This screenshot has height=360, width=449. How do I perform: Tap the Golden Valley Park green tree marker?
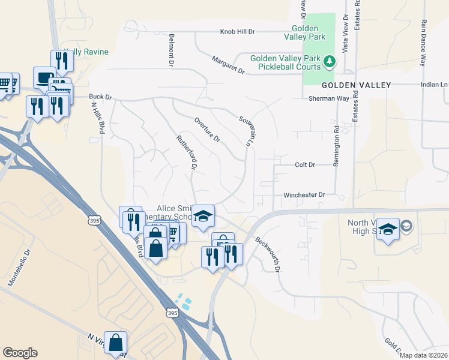click(x=329, y=62)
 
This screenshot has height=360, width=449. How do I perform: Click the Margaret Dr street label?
click(x=229, y=65)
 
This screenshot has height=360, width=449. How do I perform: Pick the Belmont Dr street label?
click(x=172, y=49)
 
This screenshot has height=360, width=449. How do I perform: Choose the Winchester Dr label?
click(x=304, y=195)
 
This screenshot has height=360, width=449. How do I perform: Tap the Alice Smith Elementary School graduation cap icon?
click(x=203, y=216)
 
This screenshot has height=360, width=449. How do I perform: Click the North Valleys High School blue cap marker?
click(x=388, y=229)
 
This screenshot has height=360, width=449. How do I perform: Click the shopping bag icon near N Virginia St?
click(x=116, y=343)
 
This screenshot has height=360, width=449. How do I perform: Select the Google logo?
click(x=20, y=353)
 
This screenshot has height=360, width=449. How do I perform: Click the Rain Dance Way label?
click(x=423, y=42)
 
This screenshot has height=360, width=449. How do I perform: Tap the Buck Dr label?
click(x=100, y=96)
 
